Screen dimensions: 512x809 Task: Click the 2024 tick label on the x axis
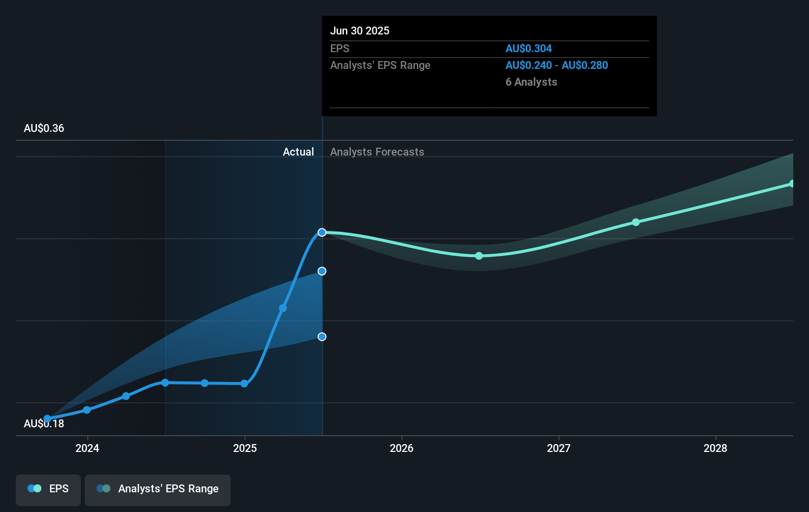(x=87, y=448)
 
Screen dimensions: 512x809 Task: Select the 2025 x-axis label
(x=245, y=448)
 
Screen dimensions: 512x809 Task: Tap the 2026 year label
(x=402, y=448)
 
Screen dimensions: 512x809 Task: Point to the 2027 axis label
(x=559, y=448)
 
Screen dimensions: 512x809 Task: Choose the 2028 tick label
(x=715, y=448)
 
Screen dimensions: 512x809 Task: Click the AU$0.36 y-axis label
(x=44, y=128)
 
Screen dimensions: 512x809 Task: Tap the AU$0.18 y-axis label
(x=44, y=424)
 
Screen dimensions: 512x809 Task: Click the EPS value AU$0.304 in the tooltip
(x=528, y=48)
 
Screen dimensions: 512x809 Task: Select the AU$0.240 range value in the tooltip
(x=528, y=65)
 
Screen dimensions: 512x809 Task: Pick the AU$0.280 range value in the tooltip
(x=585, y=65)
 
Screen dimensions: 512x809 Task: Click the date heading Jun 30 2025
(x=360, y=31)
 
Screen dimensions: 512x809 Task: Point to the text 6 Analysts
(x=531, y=82)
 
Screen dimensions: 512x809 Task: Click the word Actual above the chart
(x=298, y=152)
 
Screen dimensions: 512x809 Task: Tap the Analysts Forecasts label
(x=377, y=152)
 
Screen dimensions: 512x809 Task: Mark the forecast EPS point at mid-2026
(x=479, y=256)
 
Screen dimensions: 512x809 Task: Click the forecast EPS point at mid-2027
(x=636, y=223)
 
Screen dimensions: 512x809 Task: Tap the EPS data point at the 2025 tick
(x=244, y=384)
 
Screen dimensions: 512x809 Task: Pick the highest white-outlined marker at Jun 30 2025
(x=322, y=232)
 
